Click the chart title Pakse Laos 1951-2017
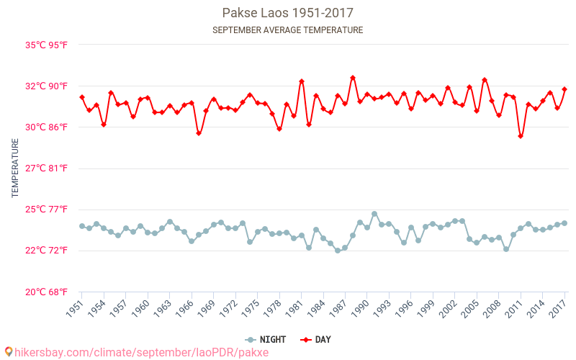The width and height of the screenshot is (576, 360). (287, 13)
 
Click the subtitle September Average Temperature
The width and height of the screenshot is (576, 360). (287, 30)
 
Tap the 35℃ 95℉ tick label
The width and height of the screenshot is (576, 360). (47, 45)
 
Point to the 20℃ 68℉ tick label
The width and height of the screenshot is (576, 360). (47, 292)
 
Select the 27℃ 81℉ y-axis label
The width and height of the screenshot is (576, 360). (47, 168)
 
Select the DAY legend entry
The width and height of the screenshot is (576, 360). (316, 339)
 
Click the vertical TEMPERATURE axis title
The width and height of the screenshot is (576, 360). (15, 168)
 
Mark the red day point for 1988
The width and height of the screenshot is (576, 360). (353, 78)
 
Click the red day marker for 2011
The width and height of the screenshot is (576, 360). (521, 136)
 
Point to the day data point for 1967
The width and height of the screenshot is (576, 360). (199, 133)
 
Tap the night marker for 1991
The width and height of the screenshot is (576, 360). (374, 214)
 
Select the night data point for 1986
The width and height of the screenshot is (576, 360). (338, 251)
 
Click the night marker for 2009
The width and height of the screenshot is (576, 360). (506, 249)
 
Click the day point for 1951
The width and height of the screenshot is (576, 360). (82, 97)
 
